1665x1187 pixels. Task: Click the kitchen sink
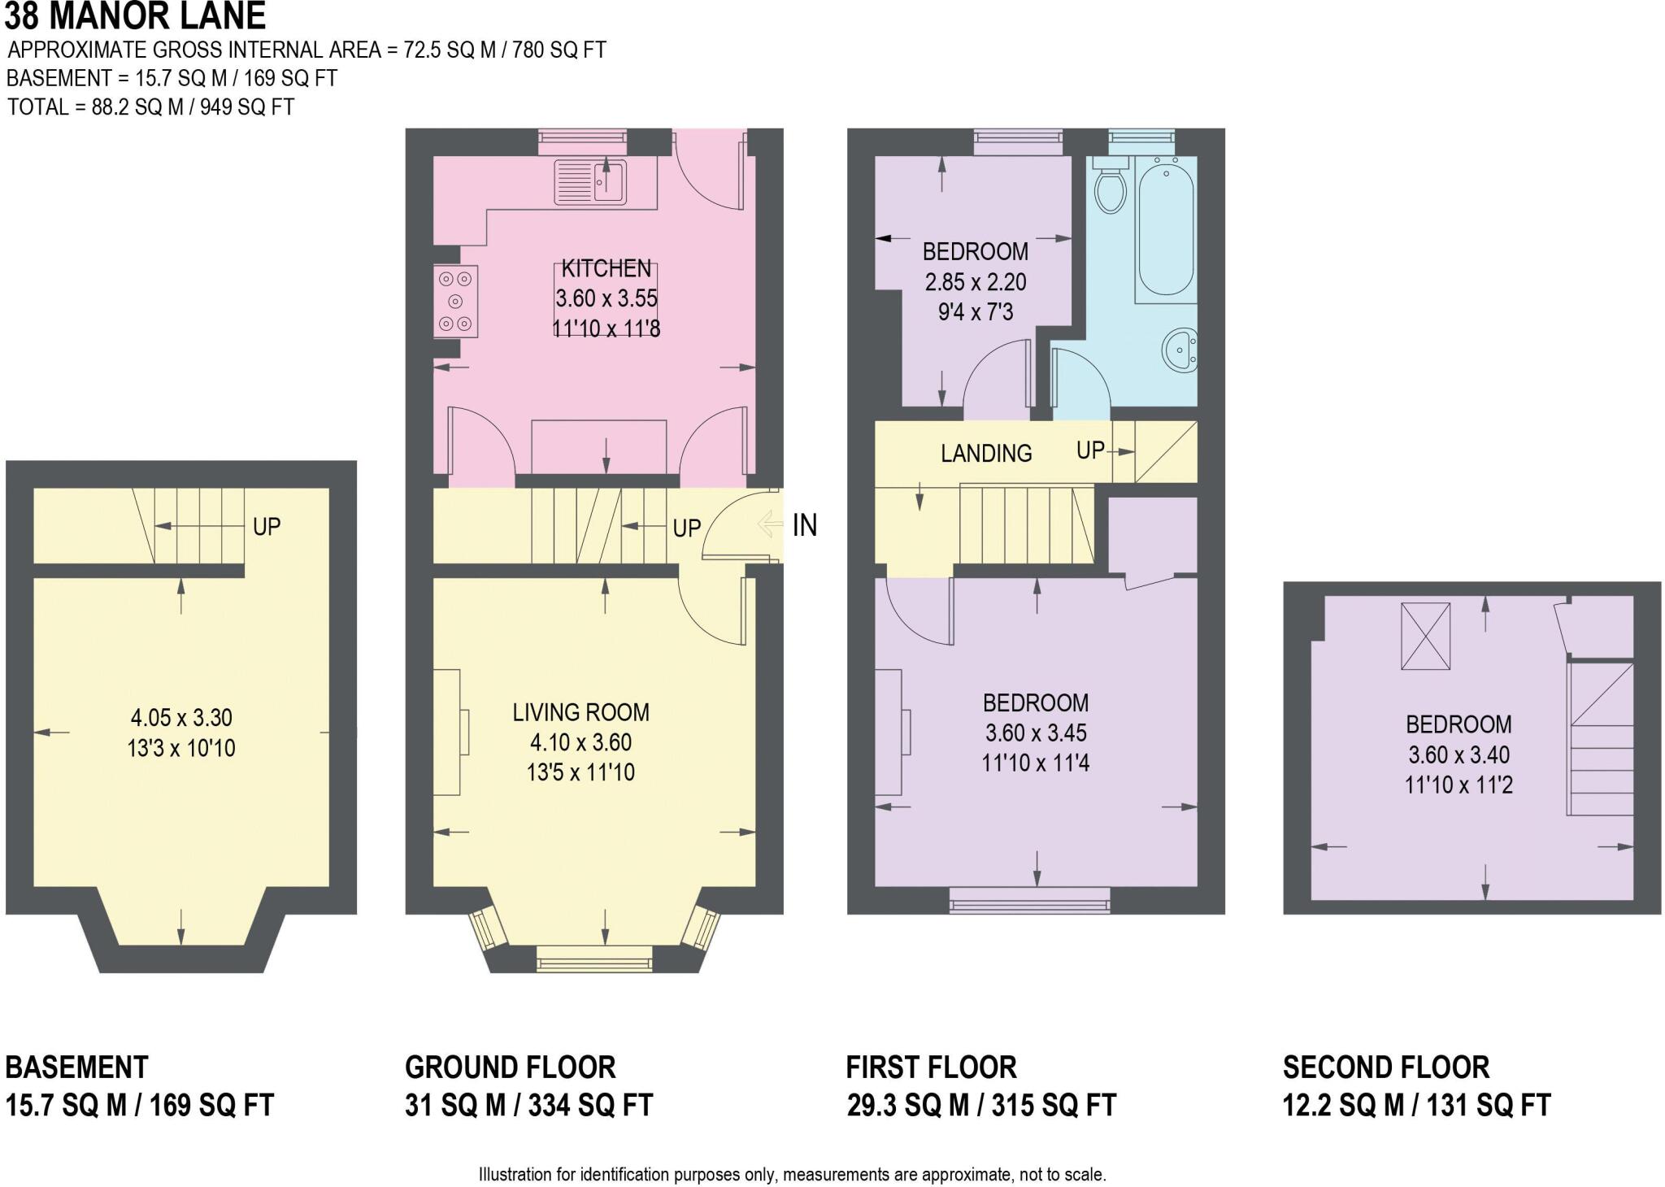[590, 181]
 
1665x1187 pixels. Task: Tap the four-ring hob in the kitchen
[456, 301]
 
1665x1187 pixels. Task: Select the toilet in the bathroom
[1110, 185]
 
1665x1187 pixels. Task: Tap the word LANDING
[986, 453]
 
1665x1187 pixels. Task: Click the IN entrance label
[805, 525]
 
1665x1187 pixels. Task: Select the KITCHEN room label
[606, 268]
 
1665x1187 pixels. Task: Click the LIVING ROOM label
[580, 712]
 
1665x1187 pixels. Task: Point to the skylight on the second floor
[1425, 636]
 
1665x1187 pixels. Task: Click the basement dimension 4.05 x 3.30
[181, 718]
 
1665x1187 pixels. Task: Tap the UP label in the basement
[267, 527]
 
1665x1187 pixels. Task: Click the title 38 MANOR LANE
[135, 15]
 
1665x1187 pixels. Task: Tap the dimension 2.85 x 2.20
[976, 282]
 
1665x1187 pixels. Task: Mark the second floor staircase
[1601, 739]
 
